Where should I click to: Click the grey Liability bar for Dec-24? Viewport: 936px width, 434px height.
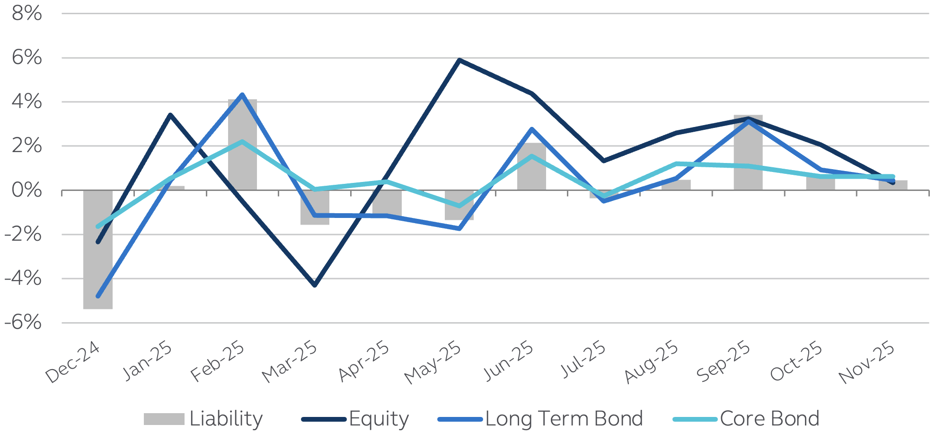pos(98,265)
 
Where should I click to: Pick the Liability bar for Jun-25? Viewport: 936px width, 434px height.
pos(531,171)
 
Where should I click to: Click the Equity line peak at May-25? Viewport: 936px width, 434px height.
pos(459,60)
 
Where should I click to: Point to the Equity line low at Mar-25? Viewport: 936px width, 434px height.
pos(315,285)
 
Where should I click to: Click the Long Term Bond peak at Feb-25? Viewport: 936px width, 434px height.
pos(242,95)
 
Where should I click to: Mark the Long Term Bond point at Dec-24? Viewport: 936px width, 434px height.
pos(98,296)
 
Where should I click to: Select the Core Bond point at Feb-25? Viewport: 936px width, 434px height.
pos(242,141)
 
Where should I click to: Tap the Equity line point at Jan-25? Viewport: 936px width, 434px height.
pos(170,115)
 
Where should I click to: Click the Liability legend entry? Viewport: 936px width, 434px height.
pos(203,419)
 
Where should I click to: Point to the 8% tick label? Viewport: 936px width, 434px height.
pos(27,13)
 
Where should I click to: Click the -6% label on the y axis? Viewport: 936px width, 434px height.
pos(24,323)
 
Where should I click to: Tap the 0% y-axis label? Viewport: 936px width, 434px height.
pos(27,190)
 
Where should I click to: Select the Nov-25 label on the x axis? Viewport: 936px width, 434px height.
pos(867,362)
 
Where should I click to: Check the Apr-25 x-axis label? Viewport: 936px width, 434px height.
pos(364,362)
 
